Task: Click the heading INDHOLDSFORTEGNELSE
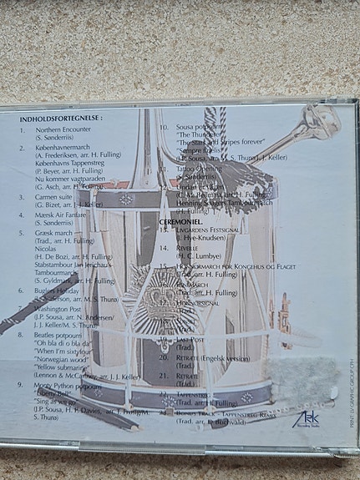coord(62,119)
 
